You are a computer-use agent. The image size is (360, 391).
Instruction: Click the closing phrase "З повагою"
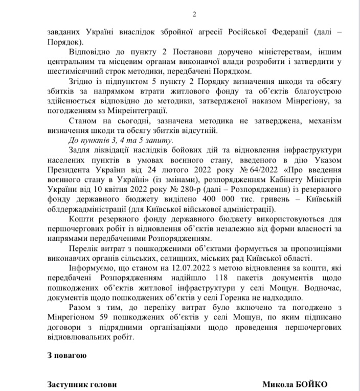pos(66,355)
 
